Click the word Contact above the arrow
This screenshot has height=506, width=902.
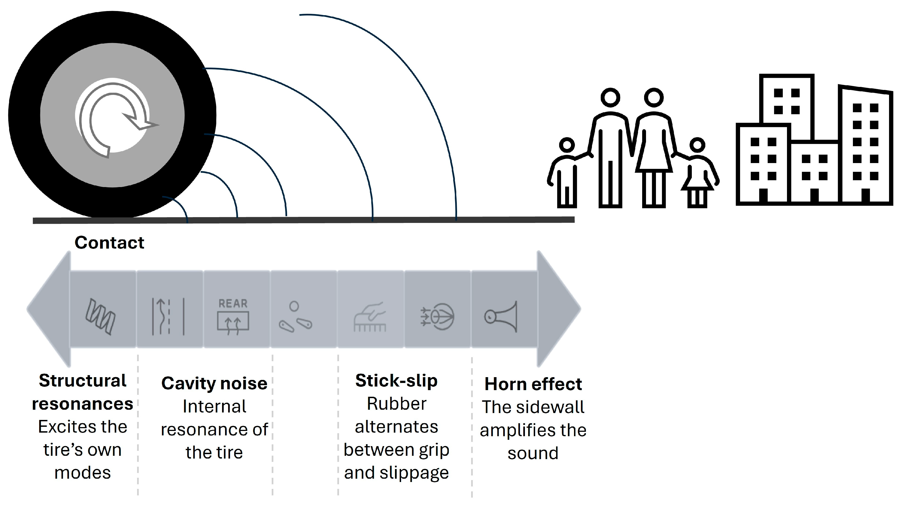[109, 243]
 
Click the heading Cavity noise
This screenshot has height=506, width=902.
[214, 383]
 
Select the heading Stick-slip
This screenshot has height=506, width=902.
[396, 381]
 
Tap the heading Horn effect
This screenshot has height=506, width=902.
[533, 384]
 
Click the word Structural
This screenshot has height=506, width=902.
[83, 381]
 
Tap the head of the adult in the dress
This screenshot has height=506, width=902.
[653, 97]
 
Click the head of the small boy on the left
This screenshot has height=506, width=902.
[567, 145]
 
